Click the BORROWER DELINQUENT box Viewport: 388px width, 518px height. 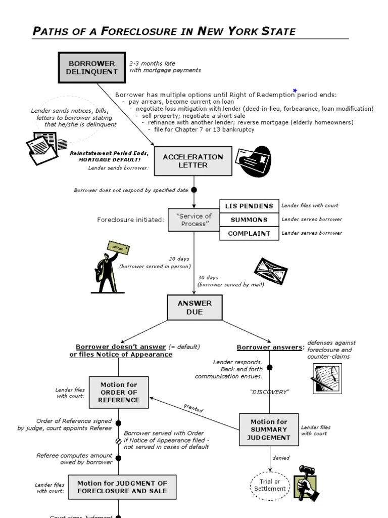pyautogui.click(x=91, y=67)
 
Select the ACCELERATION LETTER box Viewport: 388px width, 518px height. pyautogui.click(x=192, y=161)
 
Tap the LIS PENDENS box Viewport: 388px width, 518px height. pyautogui.click(x=249, y=206)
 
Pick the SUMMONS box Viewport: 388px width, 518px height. pyautogui.click(x=249, y=220)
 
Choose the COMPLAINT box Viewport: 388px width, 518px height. pyautogui.click(x=249, y=233)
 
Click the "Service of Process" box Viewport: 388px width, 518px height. pyautogui.click(x=193, y=220)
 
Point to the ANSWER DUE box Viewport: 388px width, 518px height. pyautogui.click(x=194, y=308)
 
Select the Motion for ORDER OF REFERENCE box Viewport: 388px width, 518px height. pyautogui.click(x=119, y=392)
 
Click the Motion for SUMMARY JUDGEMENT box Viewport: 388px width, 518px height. pyautogui.click(x=269, y=429)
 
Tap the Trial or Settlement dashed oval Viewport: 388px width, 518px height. pyautogui.click(x=270, y=485)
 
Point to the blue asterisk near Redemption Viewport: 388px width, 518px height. pyautogui.click(x=295, y=91)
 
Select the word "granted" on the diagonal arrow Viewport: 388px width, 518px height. pyautogui.click(x=193, y=408)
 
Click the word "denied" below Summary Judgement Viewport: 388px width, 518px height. pyautogui.click(x=281, y=458)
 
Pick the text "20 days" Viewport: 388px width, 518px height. pyautogui.click(x=179, y=258)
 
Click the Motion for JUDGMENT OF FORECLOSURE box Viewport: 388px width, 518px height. pyautogui.click(x=122, y=487)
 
